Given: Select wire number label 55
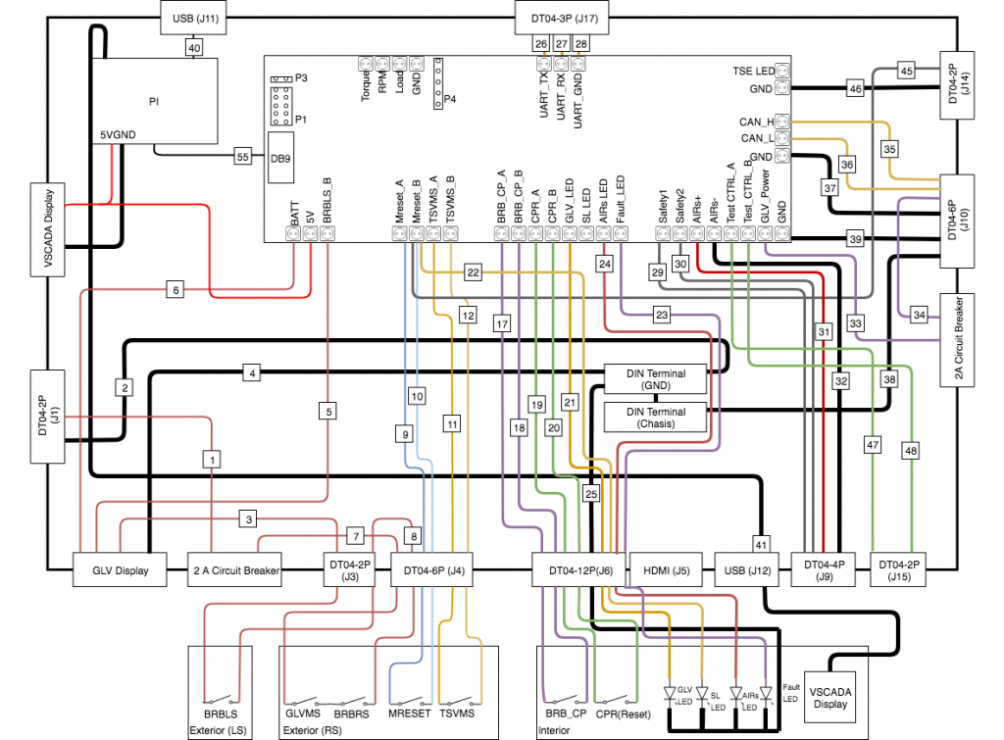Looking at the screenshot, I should [241, 156].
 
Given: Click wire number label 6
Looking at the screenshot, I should [176, 289].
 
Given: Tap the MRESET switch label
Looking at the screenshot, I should [410, 714].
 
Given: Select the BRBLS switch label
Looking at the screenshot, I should [220, 714].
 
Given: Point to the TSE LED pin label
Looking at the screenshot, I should [752, 71].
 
